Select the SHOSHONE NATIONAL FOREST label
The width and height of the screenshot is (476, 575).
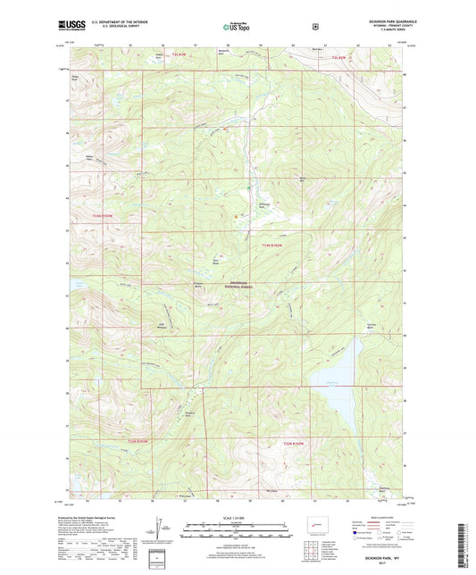236,285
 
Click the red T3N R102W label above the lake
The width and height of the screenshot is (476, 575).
277,245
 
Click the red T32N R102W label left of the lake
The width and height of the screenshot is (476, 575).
295,443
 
